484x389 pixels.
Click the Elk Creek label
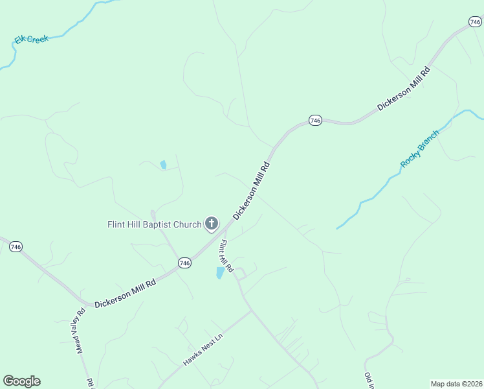[32, 40]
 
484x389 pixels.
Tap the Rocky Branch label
[419, 148]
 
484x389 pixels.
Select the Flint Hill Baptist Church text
[155, 225]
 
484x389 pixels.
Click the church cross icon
[211, 224]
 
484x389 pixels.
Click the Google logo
[21, 381]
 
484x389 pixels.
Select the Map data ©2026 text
[457, 384]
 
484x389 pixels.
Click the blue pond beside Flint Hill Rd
[221, 273]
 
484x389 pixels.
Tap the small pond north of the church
[163, 165]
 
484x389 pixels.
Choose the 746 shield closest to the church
[185, 263]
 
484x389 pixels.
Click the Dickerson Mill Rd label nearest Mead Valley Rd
[125, 294]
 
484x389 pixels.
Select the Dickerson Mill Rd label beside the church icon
[251, 191]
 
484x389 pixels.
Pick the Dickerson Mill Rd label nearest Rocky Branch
[404, 89]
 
